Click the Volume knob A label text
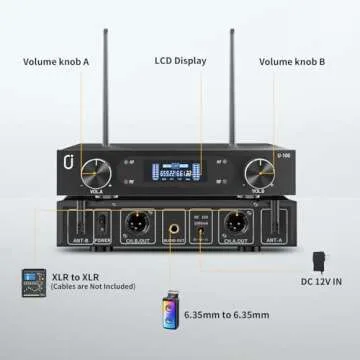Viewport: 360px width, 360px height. click(x=57, y=62)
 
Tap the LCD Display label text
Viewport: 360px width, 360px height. click(x=180, y=62)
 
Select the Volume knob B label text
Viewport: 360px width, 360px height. click(x=292, y=62)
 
